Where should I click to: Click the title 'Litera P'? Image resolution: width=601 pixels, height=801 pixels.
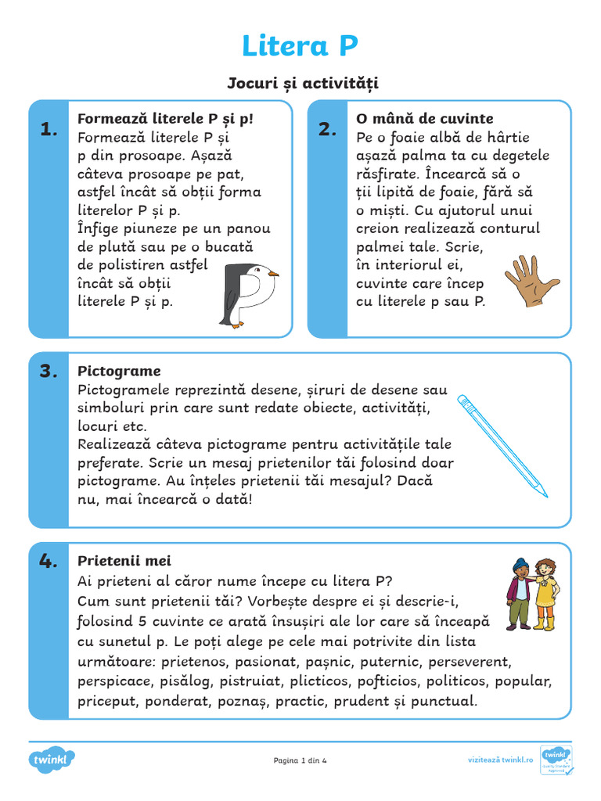coord(300,46)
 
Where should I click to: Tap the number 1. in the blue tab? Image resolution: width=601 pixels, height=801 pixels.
coord(49,131)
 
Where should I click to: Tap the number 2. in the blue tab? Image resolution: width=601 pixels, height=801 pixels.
coord(327,131)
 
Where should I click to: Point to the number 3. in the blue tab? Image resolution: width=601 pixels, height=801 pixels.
coord(49,372)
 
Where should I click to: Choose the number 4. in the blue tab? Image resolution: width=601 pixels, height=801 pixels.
coord(49,560)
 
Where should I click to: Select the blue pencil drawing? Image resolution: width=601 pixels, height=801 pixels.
coord(502,446)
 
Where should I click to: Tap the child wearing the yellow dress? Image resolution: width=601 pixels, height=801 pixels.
coord(545,594)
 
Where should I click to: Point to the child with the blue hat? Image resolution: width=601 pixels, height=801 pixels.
coord(519,594)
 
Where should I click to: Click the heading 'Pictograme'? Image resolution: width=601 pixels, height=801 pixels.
coord(119,371)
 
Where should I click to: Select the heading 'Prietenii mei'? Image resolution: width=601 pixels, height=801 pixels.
coord(124,561)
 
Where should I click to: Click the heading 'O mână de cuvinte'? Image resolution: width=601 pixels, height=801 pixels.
coord(424,119)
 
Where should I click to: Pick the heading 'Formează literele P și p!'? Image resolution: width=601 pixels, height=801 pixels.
coord(165,119)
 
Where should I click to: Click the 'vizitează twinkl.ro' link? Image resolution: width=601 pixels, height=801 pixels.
coord(500,760)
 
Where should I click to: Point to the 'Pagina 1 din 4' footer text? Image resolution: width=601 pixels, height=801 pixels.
coord(300,760)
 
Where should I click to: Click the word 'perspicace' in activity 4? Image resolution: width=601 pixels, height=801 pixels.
coord(113,681)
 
